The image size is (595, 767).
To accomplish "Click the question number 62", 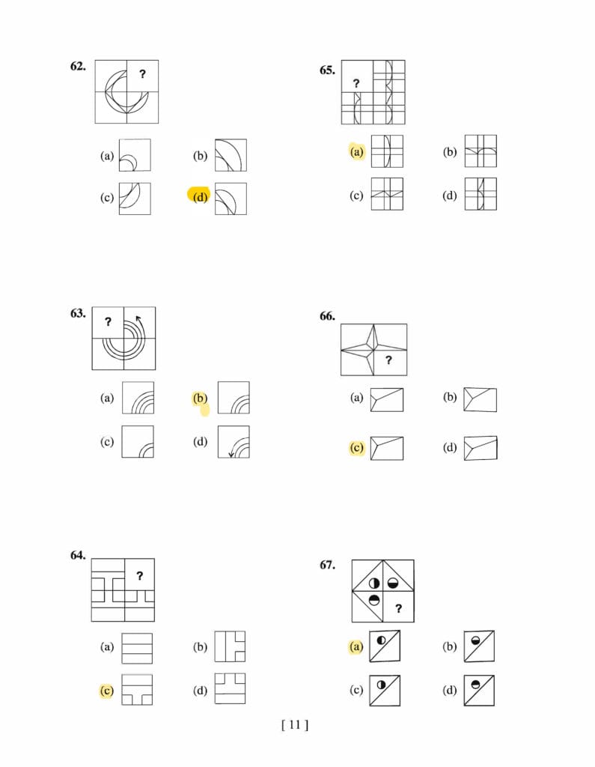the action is click(x=78, y=66).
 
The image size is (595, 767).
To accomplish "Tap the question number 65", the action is click(x=327, y=70).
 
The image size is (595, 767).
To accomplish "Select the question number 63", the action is click(x=78, y=313).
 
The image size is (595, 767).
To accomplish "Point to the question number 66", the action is click(x=327, y=316).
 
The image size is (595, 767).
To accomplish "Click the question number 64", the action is click(x=78, y=555).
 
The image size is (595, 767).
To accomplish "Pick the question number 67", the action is click(x=327, y=565).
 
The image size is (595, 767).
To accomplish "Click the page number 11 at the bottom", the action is click(x=295, y=724).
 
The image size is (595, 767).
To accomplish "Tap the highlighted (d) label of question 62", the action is click(x=201, y=197).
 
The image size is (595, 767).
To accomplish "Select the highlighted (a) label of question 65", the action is click(x=357, y=152).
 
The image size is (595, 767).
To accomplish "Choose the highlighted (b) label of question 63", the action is click(x=200, y=398).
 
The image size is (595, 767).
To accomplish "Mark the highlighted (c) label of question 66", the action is click(x=357, y=448).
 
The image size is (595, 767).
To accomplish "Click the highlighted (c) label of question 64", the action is click(x=106, y=691).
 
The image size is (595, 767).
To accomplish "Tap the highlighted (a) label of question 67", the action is click(x=356, y=646).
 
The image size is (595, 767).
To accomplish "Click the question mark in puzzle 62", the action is click(x=142, y=74).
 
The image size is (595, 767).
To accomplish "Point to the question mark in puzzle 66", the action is click(x=388, y=360).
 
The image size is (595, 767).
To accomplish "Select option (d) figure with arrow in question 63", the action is click(x=234, y=442).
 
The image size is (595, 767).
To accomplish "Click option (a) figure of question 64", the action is click(x=137, y=648).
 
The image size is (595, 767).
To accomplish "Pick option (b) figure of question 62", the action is click(x=231, y=155).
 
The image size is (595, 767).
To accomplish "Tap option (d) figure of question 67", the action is click(x=479, y=691).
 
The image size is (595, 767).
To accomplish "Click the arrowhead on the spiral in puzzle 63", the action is click(x=138, y=319).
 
